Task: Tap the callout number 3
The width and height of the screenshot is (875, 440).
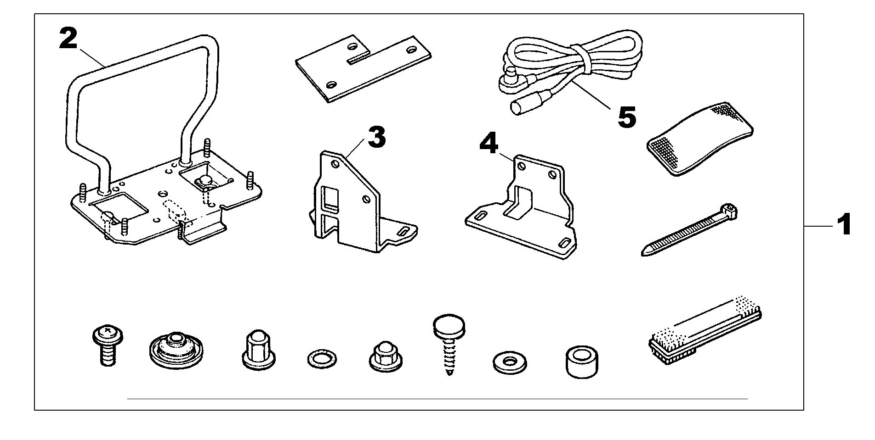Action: [x=376, y=137]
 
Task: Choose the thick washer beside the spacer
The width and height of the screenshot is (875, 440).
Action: [x=509, y=362]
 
